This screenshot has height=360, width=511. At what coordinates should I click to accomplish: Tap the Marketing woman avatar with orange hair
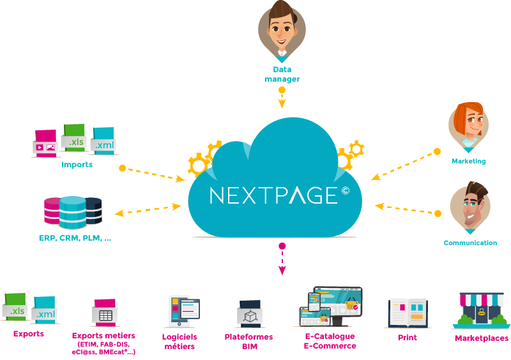[x=468, y=124]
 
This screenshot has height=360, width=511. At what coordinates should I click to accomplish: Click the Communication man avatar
[x=470, y=207]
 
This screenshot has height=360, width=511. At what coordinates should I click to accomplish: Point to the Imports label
[x=77, y=165]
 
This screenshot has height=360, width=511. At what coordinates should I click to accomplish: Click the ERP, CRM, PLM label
[x=75, y=239]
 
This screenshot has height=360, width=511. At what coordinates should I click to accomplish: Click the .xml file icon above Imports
[x=103, y=142]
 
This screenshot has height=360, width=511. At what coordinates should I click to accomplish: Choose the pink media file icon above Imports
[x=45, y=144]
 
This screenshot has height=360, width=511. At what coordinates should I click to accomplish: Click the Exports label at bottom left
[x=29, y=334]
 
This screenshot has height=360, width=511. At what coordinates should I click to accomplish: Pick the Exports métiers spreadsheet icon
[x=103, y=313]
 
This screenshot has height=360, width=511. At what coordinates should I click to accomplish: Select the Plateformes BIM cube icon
[x=250, y=313]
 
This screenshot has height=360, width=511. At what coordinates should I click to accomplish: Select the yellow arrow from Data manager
[x=282, y=96]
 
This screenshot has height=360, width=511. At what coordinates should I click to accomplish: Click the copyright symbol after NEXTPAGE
[x=346, y=189]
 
